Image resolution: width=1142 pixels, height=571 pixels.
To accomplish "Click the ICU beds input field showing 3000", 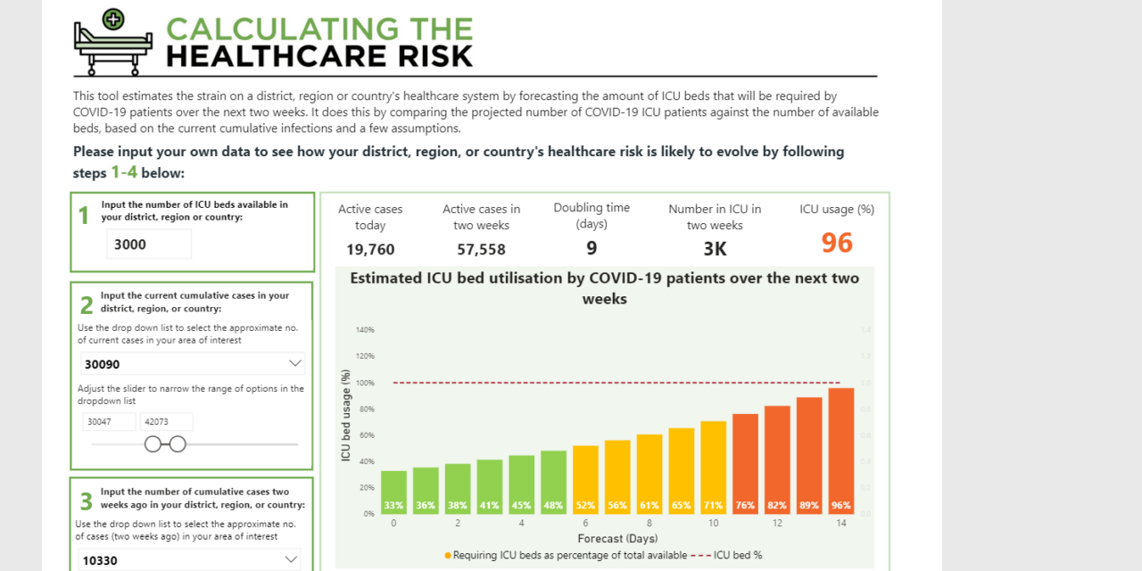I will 148,244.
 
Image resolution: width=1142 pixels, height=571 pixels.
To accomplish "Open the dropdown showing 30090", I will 193,364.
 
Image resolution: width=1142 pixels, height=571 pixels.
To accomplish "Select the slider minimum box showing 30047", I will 109,422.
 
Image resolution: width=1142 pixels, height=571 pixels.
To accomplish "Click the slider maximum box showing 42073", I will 166,422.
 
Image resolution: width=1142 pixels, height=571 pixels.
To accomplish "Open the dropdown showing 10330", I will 187,560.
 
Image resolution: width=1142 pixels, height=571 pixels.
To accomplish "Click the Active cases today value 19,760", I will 370,249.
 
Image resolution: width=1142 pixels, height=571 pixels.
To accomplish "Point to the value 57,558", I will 481,249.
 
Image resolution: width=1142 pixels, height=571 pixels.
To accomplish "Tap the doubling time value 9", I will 592,248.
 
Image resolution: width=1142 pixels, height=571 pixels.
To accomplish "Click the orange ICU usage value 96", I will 837,244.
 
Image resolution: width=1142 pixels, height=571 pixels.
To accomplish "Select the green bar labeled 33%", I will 393,492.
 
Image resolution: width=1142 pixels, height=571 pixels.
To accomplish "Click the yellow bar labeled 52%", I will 585,479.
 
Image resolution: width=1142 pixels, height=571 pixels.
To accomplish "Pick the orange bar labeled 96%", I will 841,451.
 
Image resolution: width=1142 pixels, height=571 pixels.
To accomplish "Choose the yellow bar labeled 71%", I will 713,467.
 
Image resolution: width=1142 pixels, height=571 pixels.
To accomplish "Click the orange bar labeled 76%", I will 745,463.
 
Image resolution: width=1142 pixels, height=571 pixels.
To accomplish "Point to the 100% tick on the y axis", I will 366,383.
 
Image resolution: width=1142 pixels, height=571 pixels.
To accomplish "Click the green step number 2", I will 87,306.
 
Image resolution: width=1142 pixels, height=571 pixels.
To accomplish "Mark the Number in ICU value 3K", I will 715,249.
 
